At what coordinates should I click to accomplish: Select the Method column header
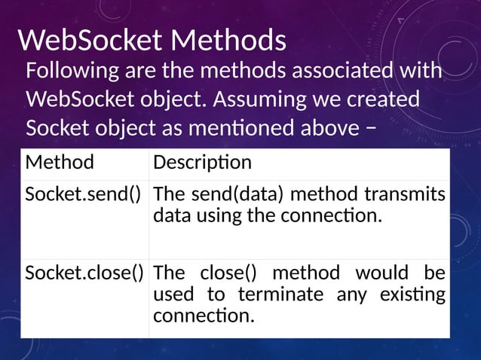coord(60,163)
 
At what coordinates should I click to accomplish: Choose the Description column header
coord(202,163)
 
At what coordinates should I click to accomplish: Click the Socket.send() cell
coord(84,195)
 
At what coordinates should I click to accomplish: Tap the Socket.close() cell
coord(84,272)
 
